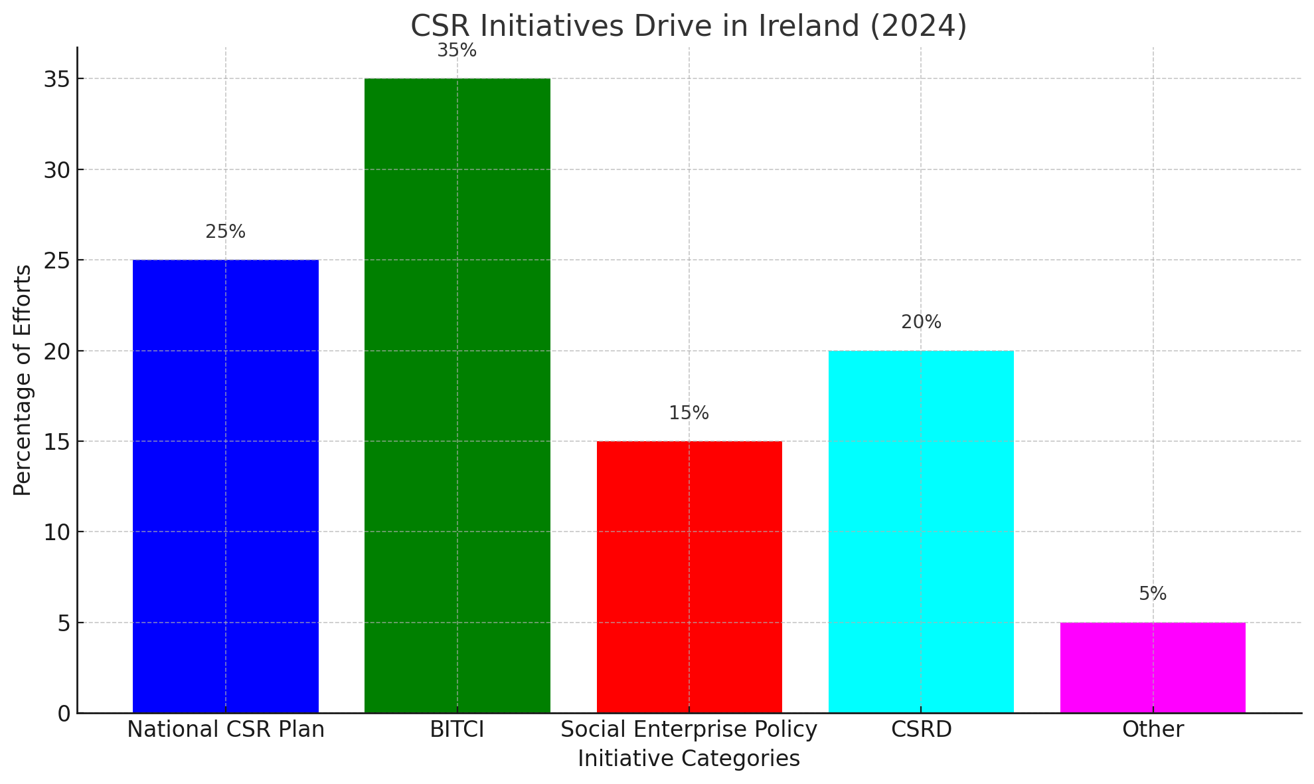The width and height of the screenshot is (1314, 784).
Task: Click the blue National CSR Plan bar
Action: tap(225, 486)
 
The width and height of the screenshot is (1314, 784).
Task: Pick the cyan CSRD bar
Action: tap(921, 532)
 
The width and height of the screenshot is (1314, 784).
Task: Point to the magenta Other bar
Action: tap(1153, 667)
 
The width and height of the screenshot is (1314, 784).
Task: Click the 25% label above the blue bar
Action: tap(225, 232)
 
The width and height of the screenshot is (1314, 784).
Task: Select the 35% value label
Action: tap(457, 50)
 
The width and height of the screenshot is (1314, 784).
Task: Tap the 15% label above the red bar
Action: tap(689, 413)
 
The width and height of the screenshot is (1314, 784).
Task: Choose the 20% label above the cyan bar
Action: tap(921, 322)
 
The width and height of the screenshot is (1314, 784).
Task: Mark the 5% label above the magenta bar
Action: tap(1153, 594)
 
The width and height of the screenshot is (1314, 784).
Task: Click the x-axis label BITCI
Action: tap(457, 730)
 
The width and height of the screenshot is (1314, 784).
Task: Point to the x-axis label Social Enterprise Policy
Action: tap(689, 730)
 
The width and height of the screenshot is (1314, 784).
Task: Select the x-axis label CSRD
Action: tap(921, 730)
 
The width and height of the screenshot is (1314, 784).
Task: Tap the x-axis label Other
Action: tap(1153, 730)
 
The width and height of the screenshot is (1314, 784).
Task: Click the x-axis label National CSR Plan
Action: tap(225, 730)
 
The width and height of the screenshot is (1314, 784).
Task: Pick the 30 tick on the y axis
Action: tap(58, 170)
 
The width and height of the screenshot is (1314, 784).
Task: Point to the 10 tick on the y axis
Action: tap(58, 532)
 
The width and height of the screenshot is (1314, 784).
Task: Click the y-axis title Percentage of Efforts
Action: tap(23, 380)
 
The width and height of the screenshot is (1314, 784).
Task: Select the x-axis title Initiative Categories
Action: tap(689, 759)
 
